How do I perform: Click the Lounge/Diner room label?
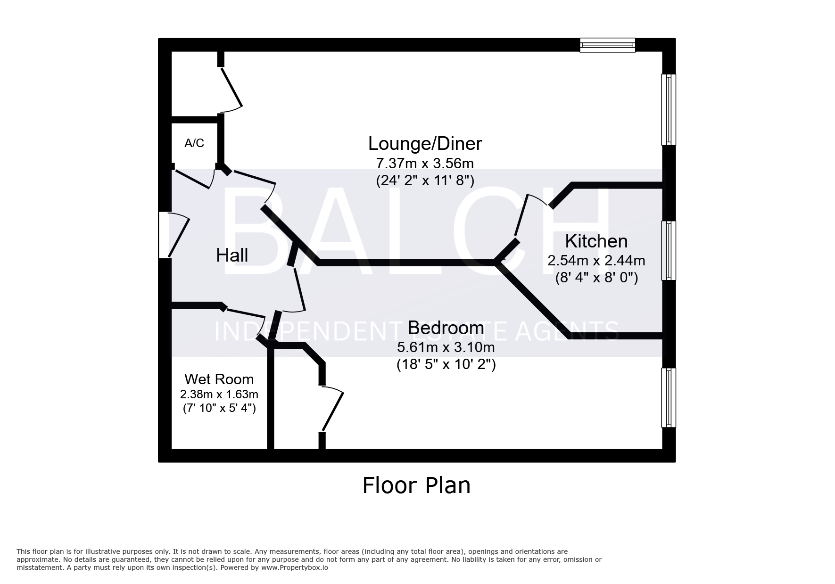(425, 144)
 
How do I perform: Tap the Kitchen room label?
(596, 241)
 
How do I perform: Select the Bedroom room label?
(446, 328)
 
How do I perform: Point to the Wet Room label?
(219, 379)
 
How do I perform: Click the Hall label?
(232, 255)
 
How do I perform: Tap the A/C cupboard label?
(194, 143)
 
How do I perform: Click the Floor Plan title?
(416, 485)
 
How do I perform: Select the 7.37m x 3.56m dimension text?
(425, 164)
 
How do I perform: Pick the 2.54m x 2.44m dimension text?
(596, 260)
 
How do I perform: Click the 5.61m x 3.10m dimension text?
(446, 347)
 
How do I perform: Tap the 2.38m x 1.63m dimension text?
(219, 394)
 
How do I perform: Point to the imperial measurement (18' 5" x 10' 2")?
(446, 364)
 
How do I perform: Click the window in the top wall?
(608, 45)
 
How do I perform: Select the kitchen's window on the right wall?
(669, 251)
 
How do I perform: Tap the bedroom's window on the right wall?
(669, 398)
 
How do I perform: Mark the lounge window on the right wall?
(669, 109)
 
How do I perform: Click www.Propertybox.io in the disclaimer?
(295, 568)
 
